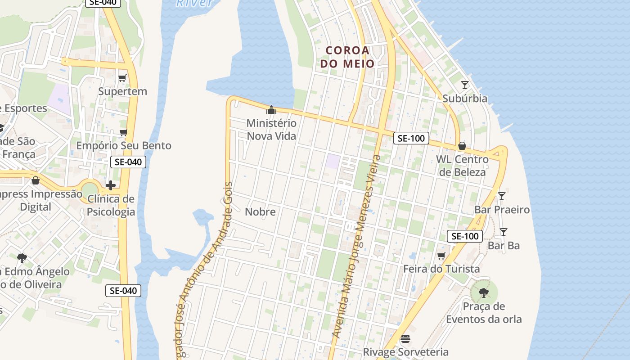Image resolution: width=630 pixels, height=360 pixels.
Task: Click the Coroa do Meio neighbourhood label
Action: pos(347,57)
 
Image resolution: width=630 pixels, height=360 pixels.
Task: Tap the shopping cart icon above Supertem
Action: pos(122,78)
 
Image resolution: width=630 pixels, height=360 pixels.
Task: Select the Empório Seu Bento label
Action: pos(124,146)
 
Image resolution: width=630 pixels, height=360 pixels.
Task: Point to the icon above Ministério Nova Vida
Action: pos(271,109)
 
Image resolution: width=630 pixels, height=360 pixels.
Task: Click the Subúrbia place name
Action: pos(465,99)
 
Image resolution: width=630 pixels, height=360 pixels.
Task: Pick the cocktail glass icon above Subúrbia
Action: pos(465,85)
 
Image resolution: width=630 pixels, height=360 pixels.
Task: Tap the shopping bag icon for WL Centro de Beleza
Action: pos(462,146)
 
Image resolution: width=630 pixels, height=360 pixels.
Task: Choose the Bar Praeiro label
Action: pos(502,210)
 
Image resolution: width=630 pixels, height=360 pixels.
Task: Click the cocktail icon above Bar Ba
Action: pos(504,232)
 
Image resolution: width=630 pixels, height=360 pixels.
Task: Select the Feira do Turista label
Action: pos(441,269)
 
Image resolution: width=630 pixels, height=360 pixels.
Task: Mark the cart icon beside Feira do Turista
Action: pos(441,256)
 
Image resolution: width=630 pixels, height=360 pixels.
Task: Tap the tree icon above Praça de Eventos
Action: pos(484,293)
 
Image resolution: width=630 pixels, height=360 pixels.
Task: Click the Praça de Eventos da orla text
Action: pos(484,313)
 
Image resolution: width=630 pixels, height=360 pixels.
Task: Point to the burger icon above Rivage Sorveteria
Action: pos(405,338)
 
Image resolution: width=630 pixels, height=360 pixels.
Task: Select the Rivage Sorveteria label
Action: pos(405,352)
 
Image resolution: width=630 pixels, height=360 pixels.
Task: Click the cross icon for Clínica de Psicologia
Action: pos(111,185)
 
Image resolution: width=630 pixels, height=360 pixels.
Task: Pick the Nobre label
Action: pos(260,211)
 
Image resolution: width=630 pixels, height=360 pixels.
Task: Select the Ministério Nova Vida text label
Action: pos(271,129)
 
